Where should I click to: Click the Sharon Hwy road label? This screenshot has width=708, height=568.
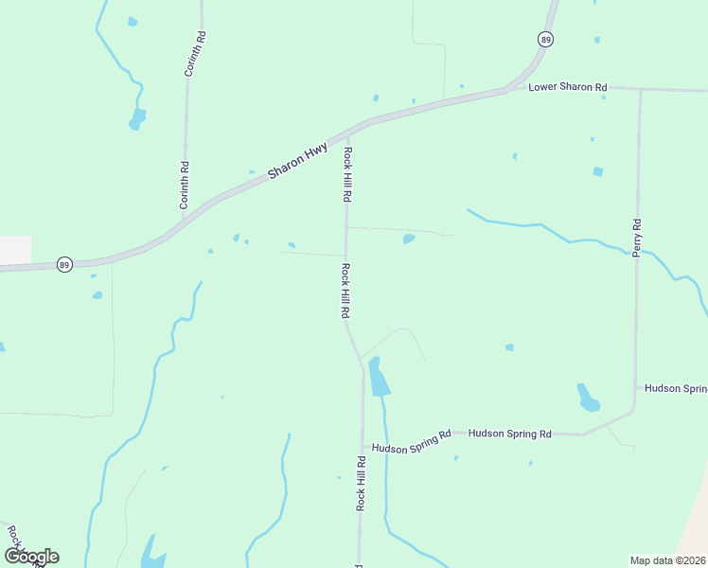297,161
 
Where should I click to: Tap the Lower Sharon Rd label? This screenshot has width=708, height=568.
567,87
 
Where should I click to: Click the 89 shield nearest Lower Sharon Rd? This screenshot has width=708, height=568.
545,39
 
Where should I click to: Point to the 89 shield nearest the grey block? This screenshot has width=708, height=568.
63,265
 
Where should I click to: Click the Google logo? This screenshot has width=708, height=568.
31,556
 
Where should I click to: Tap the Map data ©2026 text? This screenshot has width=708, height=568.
667,560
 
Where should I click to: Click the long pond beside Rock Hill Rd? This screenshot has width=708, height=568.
378,378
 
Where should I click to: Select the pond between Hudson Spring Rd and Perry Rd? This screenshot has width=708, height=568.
588,398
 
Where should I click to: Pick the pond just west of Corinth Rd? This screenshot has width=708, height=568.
138,118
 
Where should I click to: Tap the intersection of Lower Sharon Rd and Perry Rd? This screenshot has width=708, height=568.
641,91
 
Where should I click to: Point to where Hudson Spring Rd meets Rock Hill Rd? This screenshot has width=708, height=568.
363,447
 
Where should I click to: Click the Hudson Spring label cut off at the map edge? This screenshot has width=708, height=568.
676,388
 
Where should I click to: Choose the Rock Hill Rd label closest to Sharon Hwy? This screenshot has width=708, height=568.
347,174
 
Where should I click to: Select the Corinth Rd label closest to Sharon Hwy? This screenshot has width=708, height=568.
186,186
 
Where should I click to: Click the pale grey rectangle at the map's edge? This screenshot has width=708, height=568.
15,249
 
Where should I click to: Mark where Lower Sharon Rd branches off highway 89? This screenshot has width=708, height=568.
506,91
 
